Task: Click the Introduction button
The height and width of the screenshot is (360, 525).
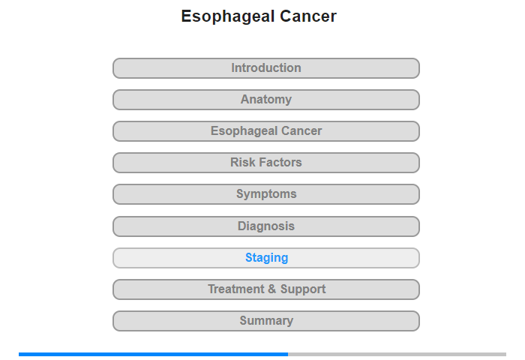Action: pyautogui.click(x=266, y=68)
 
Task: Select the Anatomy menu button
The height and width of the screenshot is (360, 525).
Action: pyautogui.click(x=266, y=100)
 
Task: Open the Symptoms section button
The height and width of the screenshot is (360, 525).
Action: pyautogui.click(x=266, y=194)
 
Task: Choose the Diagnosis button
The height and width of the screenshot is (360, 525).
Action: pyautogui.click(x=266, y=226)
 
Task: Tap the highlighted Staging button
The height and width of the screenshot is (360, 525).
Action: pyautogui.click(x=266, y=258)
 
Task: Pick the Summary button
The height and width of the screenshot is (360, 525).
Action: pyautogui.click(x=266, y=321)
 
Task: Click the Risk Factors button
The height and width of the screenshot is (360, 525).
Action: pyautogui.click(x=266, y=163)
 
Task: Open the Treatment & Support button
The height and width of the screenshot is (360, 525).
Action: pyautogui.click(x=266, y=289)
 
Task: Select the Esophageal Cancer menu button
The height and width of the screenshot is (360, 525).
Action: pyautogui.click(x=266, y=131)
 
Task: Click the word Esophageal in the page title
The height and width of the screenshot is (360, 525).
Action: pyautogui.click(x=228, y=16)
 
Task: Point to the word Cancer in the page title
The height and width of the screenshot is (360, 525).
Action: pyautogui.click(x=308, y=16)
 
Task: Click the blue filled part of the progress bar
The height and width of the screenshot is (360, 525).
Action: pyautogui.click(x=153, y=354)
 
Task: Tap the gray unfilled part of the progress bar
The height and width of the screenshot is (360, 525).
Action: pyautogui.click(x=397, y=354)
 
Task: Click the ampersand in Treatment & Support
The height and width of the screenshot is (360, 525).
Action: pyautogui.click(x=271, y=289)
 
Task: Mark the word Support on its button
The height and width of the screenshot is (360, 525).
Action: pyautogui.click(x=303, y=289)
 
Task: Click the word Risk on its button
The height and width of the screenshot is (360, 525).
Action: pyautogui.click(x=242, y=163)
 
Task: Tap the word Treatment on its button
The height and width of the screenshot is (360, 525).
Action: pyautogui.click(x=236, y=289)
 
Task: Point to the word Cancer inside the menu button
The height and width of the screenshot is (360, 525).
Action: pyautogui.click(x=301, y=131)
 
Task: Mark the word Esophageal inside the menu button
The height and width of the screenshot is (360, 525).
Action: pyautogui.click(x=244, y=131)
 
